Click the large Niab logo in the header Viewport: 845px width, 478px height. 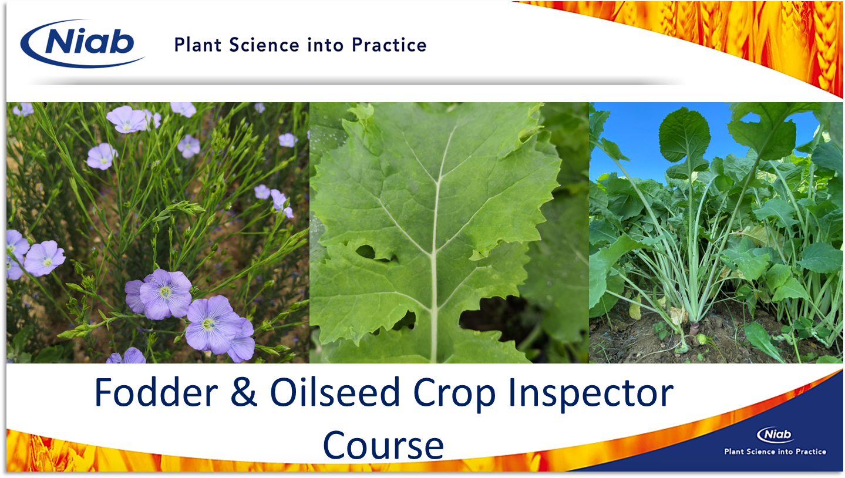point(82,43)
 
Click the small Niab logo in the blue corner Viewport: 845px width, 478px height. point(775,435)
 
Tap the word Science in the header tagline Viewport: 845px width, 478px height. point(264,45)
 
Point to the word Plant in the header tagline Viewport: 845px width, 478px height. point(198,45)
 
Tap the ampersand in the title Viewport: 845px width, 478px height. point(244,393)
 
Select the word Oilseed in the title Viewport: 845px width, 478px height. point(335,393)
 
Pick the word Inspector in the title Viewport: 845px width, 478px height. point(591,395)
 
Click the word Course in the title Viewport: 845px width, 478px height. point(383,446)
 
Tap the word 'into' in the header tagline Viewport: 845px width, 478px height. point(325,45)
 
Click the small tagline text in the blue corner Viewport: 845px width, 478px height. point(775,452)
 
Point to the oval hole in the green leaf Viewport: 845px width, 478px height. point(365,252)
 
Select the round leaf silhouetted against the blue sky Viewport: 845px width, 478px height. point(684,134)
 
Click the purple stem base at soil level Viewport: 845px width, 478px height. point(694,329)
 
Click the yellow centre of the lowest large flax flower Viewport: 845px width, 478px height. point(208,324)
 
